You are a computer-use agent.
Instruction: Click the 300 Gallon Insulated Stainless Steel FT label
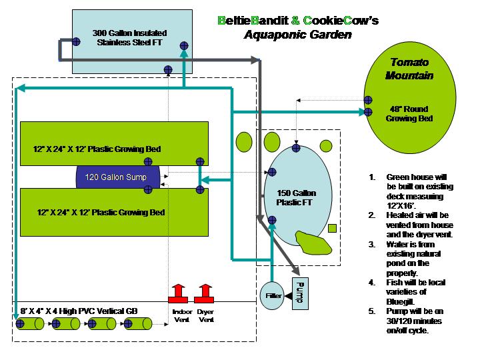click(x=129, y=37)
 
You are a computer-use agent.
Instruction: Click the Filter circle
click(x=271, y=294)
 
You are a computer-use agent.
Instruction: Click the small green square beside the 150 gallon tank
click(x=333, y=229)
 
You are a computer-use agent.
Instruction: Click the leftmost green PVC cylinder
click(x=30, y=325)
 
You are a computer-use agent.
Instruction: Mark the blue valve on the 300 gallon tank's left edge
click(x=76, y=41)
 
